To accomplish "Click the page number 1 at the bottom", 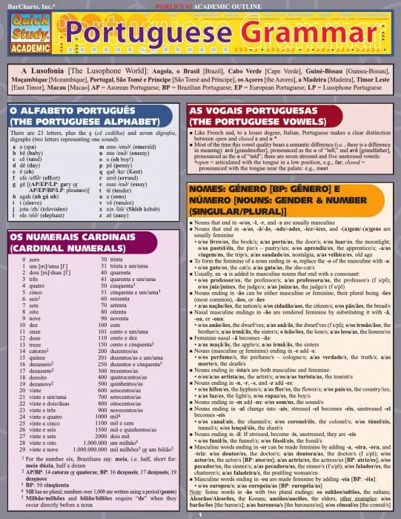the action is pyautogui.click(x=199, y=513).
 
